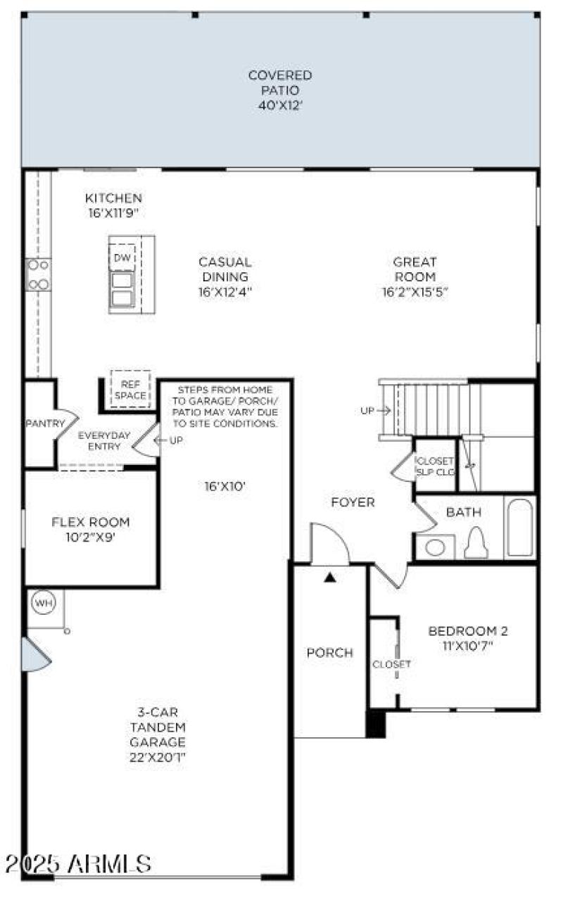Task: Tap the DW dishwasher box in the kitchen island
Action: click(122, 258)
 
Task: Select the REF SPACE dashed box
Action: click(131, 389)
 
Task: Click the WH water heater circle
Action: click(42, 603)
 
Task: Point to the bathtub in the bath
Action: click(520, 528)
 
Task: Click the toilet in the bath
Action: click(476, 543)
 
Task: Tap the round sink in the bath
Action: click(435, 547)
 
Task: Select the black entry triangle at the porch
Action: click(329, 578)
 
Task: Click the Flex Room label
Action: click(91, 522)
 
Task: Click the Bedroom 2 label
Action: click(468, 630)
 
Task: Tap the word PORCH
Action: click(329, 653)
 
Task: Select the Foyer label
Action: click(353, 502)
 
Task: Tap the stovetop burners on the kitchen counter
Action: click(37, 274)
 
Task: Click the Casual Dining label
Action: click(224, 269)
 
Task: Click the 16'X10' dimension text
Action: click(224, 485)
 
